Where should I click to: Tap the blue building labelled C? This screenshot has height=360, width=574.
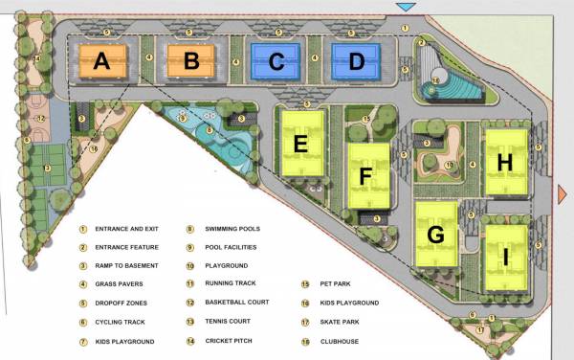point(276,62)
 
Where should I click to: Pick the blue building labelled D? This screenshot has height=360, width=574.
point(356,62)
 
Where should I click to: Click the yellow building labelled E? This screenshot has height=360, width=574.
point(300,143)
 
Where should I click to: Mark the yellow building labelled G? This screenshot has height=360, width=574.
point(436,234)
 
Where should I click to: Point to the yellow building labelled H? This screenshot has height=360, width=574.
point(505,161)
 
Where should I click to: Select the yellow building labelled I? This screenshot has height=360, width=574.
point(505,257)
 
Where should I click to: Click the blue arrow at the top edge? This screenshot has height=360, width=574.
point(406,8)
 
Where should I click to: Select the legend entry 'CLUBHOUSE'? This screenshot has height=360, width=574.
point(338,339)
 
